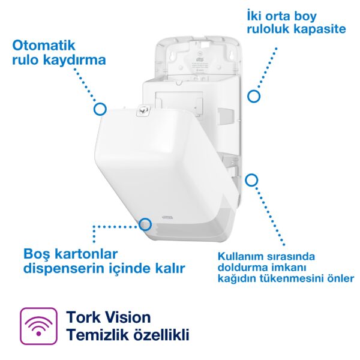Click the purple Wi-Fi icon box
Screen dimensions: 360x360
point(39,326)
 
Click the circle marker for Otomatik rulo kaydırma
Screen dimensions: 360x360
point(100,109)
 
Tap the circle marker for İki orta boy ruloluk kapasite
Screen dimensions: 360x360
point(254,95)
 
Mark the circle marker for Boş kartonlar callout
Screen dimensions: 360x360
point(145,224)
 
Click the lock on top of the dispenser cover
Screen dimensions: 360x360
point(142,110)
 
